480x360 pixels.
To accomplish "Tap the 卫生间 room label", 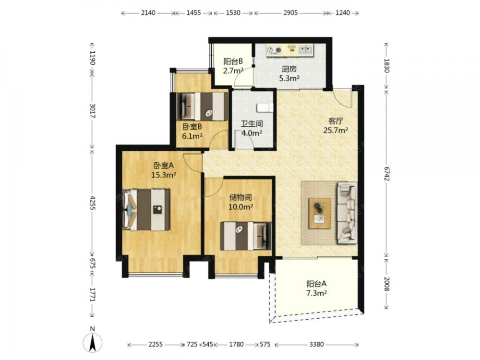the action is pos(252,124).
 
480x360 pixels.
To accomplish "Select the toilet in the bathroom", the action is pos(265,108).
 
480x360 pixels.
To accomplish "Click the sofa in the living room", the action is pos(347,213).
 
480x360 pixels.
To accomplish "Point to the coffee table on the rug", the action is pos(320,213).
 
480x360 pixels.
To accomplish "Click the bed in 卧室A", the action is pos(146,210).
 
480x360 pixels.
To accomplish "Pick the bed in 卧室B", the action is pos(203,106).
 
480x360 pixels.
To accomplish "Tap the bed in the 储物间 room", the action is pos(246,236).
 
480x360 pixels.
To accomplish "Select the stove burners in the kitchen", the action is pos(274,49).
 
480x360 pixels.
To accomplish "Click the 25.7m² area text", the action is pos(336,131).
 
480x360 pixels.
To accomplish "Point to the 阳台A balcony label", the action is pos(316,284).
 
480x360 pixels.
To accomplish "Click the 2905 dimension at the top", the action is pos(290,13).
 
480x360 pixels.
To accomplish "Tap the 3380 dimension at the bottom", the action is pos(316,344).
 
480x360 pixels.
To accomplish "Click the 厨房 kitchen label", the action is pos(289,69).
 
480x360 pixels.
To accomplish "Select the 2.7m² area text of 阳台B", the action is pos(233,71).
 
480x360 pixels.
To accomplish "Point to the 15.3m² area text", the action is pos(164,175).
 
